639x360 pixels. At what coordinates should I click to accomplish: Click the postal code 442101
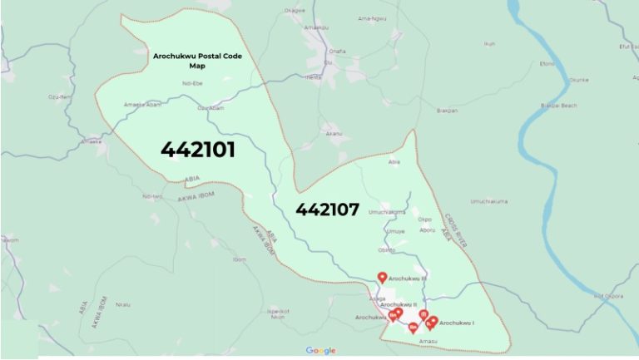(x=198, y=150)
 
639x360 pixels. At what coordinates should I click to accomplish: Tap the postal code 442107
(x=327, y=210)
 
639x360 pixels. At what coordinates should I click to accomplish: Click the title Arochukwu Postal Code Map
(x=196, y=60)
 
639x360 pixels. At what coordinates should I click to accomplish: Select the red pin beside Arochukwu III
(x=382, y=278)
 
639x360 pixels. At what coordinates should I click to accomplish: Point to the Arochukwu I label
(x=457, y=323)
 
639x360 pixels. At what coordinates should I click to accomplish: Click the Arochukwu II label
(x=398, y=304)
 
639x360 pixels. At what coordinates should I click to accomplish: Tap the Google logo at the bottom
(x=320, y=351)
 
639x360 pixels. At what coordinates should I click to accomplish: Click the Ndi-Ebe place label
(x=193, y=83)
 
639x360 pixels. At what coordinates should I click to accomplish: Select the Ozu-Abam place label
(x=211, y=108)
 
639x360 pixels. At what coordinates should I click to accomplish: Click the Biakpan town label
(x=448, y=110)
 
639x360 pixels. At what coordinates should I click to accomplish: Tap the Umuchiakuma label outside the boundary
(x=488, y=200)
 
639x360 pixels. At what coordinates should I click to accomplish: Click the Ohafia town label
(x=337, y=51)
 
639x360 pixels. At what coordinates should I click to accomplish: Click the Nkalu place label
(x=123, y=304)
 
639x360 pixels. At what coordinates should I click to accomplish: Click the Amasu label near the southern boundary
(x=428, y=341)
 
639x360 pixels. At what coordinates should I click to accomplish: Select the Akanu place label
(x=334, y=132)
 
